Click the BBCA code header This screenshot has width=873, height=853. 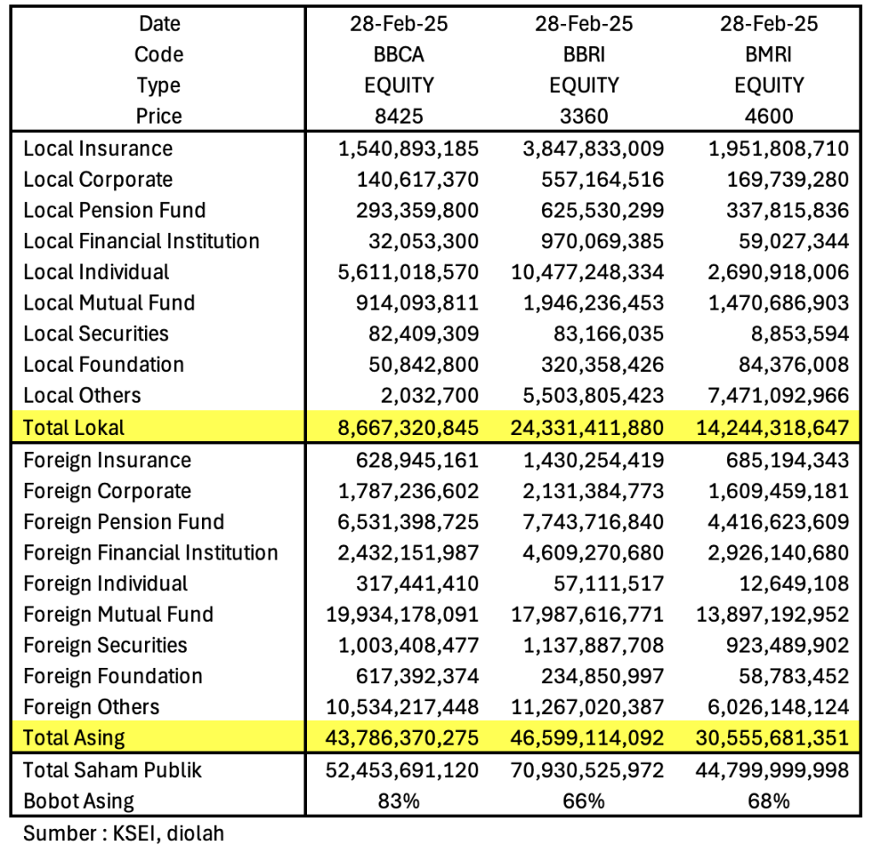pos(398,55)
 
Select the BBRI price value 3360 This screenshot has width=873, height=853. pos(584,116)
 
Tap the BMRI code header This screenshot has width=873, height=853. pos(769,55)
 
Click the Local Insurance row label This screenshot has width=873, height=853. pos(98,149)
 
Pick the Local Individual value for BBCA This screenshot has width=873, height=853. pos(408,272)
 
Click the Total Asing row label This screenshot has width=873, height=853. pos(74,737)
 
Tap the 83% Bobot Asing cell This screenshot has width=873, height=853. pos(398,801)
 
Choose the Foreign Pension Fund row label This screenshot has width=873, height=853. pos(124,522)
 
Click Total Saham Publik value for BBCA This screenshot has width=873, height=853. pos(402,770)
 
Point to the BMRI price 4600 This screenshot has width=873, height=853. pos(769,116)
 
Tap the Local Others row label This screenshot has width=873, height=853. pos(82,395)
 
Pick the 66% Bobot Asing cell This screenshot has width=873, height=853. pos(584,801)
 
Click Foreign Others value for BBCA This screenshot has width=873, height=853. pos(402,707)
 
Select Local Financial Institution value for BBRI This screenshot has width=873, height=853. pos(604,241)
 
